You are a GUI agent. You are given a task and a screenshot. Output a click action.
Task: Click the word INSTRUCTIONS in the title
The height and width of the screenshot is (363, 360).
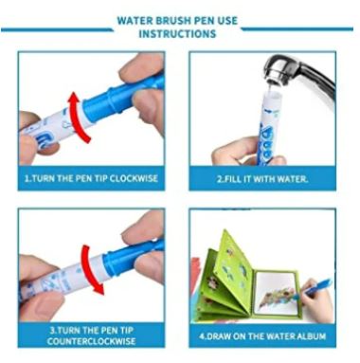point(177,34)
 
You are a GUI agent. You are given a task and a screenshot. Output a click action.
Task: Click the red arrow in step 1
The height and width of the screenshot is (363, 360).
point(79,118)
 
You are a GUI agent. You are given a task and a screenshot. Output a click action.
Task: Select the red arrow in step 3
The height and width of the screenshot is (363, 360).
point(91,268)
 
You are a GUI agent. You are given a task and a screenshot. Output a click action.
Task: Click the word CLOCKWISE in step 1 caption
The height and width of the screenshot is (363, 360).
point(134,178)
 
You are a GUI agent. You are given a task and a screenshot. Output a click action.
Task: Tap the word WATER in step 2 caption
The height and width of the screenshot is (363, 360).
point(292,179)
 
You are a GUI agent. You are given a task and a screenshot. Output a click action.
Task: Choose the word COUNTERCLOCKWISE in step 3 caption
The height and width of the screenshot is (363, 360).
point(91,341)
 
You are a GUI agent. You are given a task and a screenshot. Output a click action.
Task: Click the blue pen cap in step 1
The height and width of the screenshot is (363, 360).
point(123,95)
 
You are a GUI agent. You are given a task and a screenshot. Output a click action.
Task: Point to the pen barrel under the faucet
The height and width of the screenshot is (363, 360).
point(268,126)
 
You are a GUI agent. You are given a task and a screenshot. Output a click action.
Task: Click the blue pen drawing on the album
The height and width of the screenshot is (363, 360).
point(311,289)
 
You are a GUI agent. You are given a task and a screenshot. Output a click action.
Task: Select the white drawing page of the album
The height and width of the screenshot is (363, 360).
point(278,293)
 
